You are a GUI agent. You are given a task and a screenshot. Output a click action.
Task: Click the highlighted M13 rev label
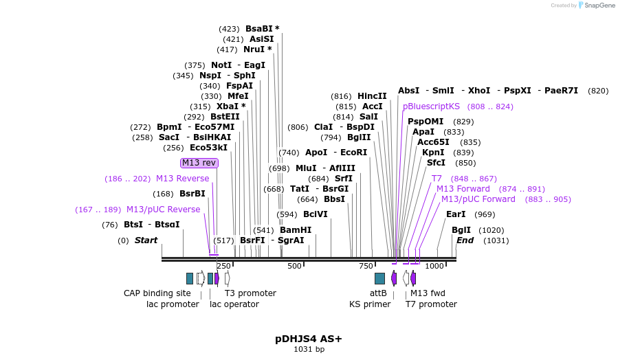199,163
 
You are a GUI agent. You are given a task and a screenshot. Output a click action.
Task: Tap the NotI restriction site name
221,65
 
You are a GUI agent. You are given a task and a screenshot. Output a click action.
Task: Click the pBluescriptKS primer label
431,106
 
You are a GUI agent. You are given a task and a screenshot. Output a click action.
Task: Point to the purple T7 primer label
437,179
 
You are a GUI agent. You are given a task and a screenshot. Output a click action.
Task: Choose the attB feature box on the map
379,278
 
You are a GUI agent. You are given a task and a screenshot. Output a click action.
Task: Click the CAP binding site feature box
190,278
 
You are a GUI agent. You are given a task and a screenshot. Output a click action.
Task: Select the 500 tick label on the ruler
294,266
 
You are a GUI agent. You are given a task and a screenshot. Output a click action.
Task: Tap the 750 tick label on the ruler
366,266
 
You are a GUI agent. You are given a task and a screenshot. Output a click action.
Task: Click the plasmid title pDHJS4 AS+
309,339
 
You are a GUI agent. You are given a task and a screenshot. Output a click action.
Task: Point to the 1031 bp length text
309,350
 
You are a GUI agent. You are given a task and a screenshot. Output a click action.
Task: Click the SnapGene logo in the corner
597,5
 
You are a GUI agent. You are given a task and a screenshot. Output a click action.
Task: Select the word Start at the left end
146,240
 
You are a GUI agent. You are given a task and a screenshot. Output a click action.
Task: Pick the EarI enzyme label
456,214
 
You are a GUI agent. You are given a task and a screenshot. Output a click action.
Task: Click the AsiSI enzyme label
261,39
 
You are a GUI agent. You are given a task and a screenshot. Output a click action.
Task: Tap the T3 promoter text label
250,293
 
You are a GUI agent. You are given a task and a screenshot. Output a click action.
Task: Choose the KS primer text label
370,304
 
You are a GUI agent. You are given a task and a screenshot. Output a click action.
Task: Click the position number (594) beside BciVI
287,214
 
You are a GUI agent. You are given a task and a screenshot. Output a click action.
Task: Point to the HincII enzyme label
372,96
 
